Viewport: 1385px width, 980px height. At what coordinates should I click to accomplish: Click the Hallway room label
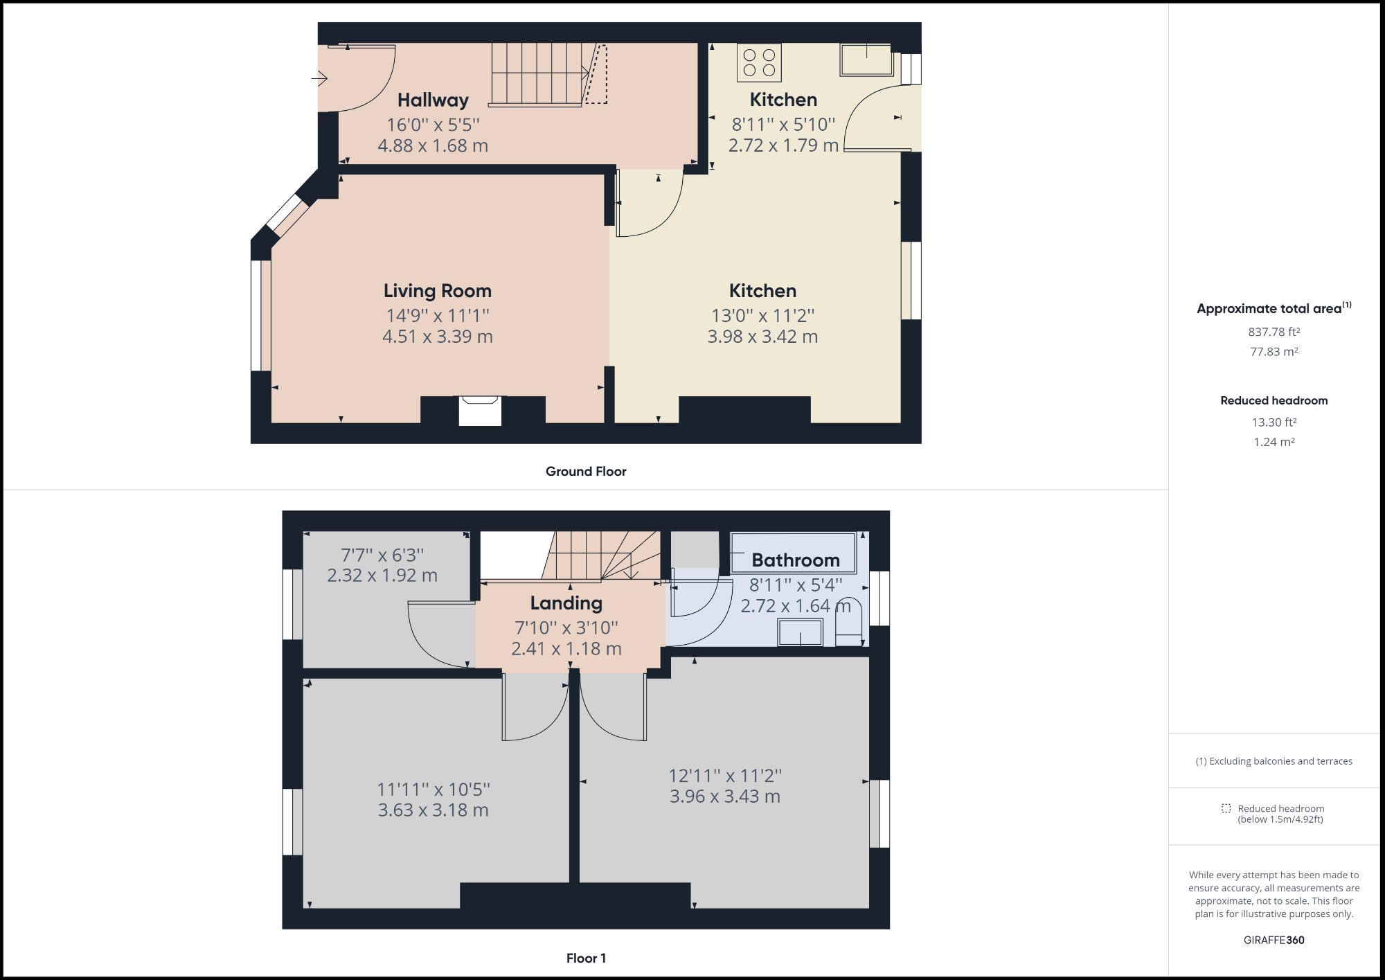click(433, 100)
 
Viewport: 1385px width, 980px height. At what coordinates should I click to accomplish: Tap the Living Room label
click(438, 291)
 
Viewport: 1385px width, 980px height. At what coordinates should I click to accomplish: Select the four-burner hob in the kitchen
click(759, 62)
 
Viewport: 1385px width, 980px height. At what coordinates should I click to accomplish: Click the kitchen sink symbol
click(866, 60)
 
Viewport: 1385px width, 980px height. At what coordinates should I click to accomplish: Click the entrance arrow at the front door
click(319, 79)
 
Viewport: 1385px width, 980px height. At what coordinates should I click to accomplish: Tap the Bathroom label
click(796, 560)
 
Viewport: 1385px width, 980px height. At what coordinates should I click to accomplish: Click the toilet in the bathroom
click(849, 623)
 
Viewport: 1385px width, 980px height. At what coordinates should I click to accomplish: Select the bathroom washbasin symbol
click(801, 632)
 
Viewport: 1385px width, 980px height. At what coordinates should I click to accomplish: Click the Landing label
click(566, 603)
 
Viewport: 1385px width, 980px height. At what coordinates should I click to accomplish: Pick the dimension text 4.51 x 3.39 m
click(438, 337)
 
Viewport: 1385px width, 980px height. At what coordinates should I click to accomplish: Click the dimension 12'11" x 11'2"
click(725, 776)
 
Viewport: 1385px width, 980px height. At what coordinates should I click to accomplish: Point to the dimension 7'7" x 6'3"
click(382, 555)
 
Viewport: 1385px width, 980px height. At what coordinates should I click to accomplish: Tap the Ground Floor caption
click(586, 472)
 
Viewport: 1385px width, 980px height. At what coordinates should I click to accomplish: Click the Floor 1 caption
click(586, 959)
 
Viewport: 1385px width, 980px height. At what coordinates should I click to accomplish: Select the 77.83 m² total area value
click(1274, 352)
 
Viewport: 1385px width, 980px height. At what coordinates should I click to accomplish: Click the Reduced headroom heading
click(1274, 400)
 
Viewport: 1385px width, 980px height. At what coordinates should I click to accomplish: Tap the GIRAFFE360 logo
click(1274, 940)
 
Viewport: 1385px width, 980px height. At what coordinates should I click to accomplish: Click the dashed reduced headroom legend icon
click(1226, 808)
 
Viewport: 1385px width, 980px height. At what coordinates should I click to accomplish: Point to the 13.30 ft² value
click(1274, 422)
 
